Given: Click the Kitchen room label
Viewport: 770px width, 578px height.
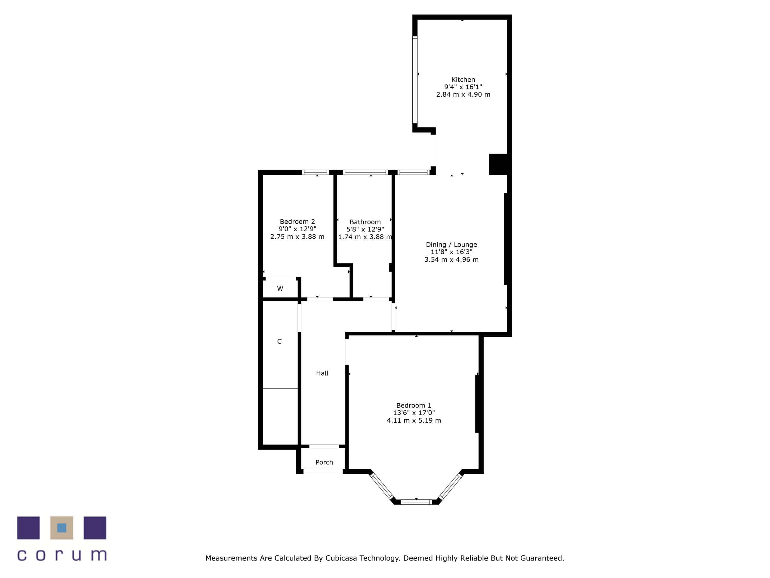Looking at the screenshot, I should [x=463, y=79].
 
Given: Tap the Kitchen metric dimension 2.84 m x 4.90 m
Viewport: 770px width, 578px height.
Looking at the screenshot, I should [x=463, y=95].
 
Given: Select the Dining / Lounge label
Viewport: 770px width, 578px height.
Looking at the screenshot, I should [x=451, y=244].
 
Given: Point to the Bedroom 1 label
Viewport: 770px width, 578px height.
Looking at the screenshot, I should [x=414, y=405].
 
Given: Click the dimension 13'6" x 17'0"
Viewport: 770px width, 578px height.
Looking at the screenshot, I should [x=414, y=413].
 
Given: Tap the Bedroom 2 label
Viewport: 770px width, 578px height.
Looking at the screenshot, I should [x=297, y=222].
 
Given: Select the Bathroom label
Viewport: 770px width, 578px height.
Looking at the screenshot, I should [x=365, y=222].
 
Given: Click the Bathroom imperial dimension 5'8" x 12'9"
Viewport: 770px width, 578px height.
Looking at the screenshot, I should [x=365, y=229].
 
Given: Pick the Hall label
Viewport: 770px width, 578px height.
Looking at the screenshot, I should [x=322, y=373].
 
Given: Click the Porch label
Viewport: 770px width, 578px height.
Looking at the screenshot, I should [x=324, y=462].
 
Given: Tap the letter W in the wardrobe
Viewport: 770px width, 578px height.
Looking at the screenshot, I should [x=280, y=288].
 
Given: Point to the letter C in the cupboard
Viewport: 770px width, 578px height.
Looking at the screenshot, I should [x=279, y=341].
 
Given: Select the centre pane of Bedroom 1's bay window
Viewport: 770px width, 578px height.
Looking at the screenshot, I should [x=416, y=502].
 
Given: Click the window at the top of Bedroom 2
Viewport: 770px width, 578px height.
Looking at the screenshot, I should [x=316, y=172].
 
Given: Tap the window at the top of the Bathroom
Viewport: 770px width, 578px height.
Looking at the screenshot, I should [x=365, y=172].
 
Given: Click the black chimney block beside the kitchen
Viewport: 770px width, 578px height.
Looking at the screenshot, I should [x=498, y=164].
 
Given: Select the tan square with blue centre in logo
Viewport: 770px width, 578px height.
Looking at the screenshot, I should [x=62, y=528].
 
